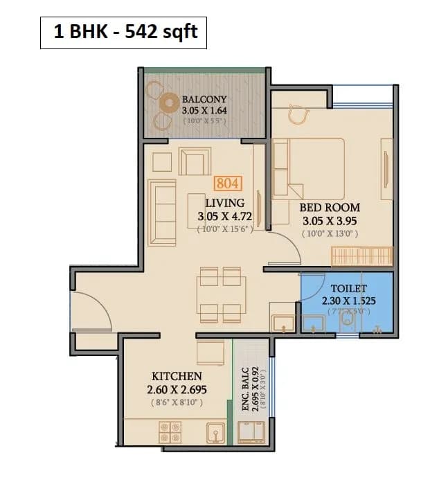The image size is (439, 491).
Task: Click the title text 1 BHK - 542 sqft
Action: point(123,33)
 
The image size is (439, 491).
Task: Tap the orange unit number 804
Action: point(228,184)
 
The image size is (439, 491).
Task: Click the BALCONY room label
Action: point(204,100)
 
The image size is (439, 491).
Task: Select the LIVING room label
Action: point(225,203)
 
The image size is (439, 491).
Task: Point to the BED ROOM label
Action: point(330,207)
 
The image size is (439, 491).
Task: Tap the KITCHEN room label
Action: point(177,376)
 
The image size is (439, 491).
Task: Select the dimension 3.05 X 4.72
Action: point(225,217)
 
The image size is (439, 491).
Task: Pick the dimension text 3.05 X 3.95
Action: point(330,221)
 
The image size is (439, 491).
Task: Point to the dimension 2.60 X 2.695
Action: point(177,390)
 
